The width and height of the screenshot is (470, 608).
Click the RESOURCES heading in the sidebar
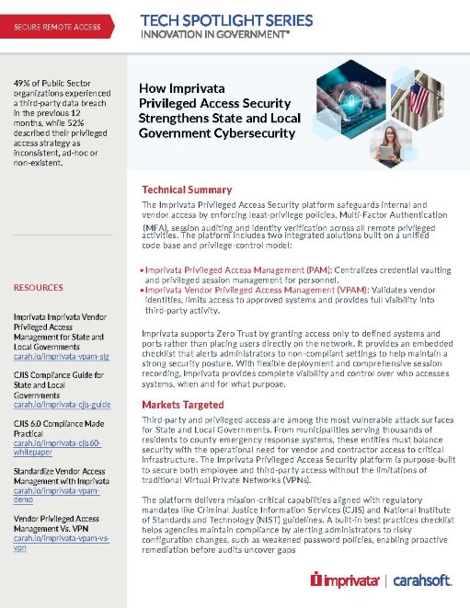(38, 288)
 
